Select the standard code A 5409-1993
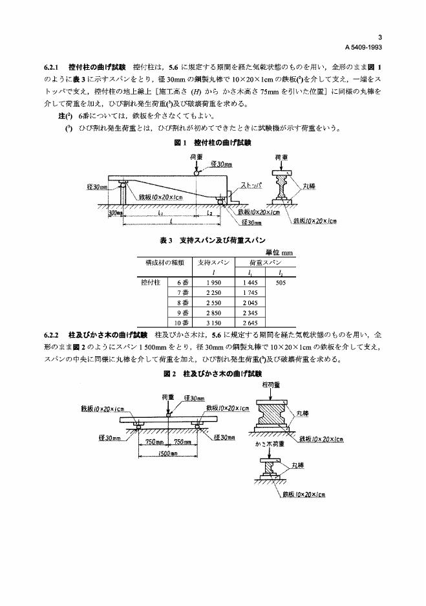pyautogui.click(x=363, y=48)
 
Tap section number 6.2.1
pyautogui.click(x=53, y=67)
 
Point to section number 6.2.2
pyautogui.click(x=53, y=335)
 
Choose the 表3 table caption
pyautogui.click(x=213, y=241)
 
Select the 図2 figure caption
pyautogui.click(x=213, y=374)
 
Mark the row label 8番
pyautogui.click(x=182, y=302)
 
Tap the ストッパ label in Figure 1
pyautogui.click(x=251, y=185)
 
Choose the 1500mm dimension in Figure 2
pyautogui.click(x=168, y=453)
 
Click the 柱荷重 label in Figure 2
pyautogui.click(x=272, y=385)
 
